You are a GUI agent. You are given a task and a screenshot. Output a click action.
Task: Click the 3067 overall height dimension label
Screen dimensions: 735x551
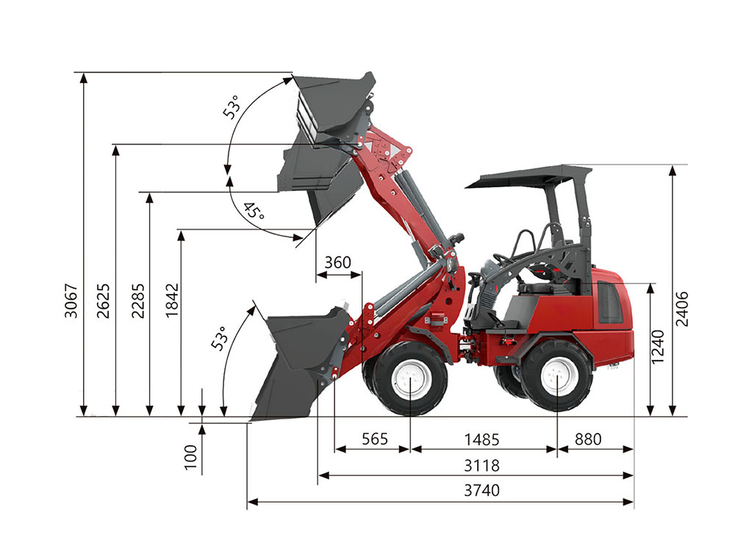[71, 300]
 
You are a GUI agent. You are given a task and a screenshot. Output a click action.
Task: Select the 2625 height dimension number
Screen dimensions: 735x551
[103, 300]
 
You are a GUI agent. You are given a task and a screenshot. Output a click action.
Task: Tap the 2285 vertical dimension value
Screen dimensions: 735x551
[138, 300]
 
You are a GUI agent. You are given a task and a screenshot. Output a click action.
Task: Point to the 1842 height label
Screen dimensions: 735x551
[172, 300]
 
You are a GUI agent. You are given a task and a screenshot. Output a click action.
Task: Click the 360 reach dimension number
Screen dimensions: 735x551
[337, 262]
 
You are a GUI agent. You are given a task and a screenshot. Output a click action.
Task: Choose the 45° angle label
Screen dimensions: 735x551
[254, 211]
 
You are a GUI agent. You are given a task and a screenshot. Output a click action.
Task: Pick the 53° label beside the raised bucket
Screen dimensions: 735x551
[232, 107]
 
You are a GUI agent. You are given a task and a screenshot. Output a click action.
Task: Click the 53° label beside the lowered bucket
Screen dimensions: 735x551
[219, 338]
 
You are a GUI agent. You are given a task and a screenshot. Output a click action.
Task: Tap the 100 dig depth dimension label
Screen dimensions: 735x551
[190, 457]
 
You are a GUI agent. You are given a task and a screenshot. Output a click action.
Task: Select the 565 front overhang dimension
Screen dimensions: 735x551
[375, 439]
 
